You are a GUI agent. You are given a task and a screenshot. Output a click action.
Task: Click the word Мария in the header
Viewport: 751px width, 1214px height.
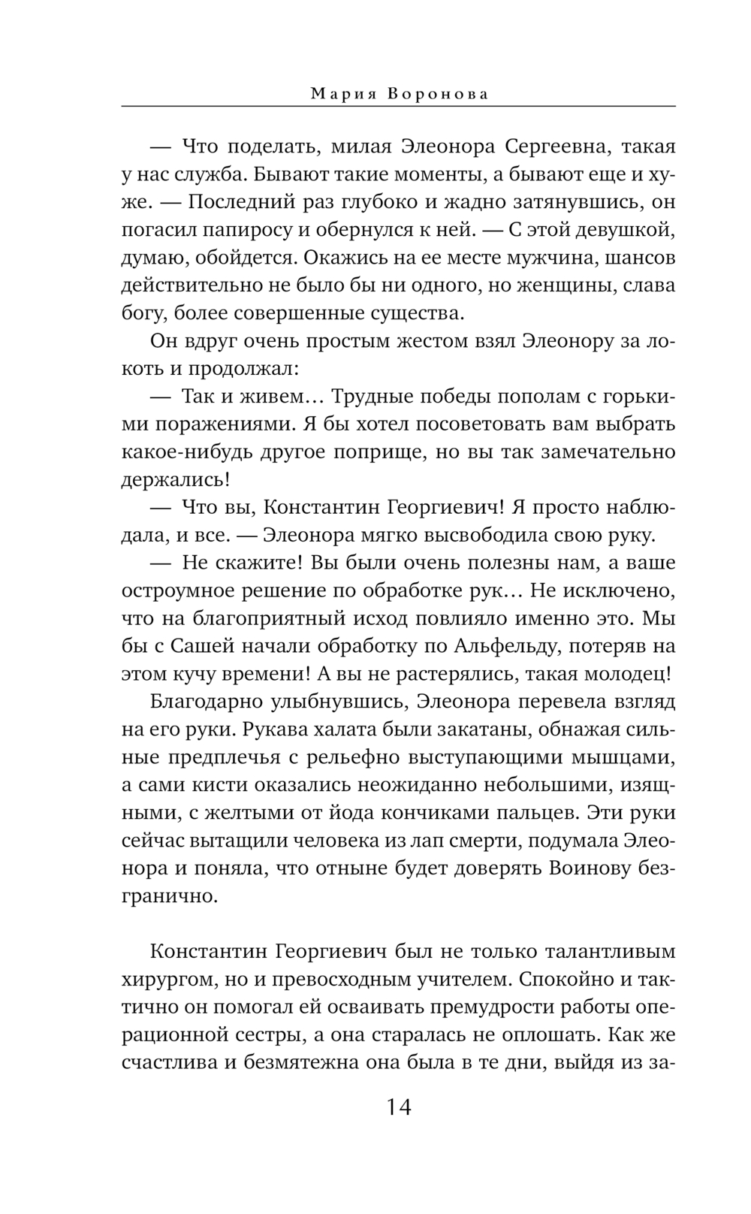point(339,94)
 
